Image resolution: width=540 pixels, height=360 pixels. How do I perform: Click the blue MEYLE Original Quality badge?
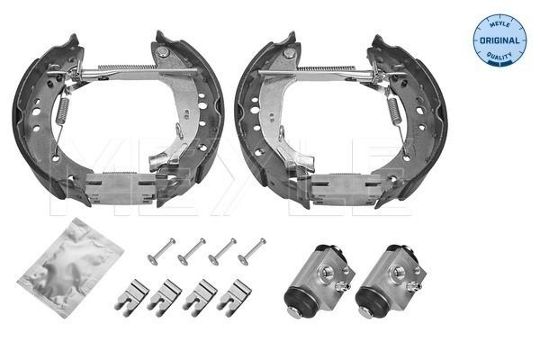pos(499,40)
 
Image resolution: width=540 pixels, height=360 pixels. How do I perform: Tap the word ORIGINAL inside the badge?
pos(499,40)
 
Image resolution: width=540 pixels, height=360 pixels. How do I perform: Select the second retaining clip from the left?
pos(166,294)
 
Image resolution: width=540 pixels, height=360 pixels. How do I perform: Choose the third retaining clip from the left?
pos(199,294)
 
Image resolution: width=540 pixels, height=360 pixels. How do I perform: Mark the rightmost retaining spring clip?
pos(232,294)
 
